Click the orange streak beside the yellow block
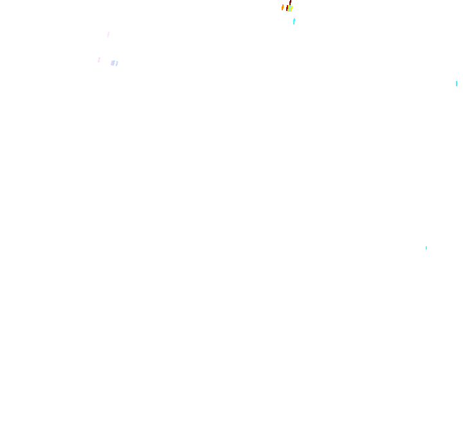(x=282, y=8)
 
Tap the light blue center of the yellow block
(x=290, y=8)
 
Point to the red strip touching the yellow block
(x=287, y=8)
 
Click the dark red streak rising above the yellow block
(x=290, y=2)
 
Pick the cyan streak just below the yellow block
(x=294, y=21)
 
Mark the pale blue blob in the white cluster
(x=113, y=63)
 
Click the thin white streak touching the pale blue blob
(x=116, y=64)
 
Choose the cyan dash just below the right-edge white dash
(x=457, y=84)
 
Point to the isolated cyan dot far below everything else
(x=426, y=248)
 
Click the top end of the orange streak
(x=283, y=5)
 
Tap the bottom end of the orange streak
(x=282, y=10)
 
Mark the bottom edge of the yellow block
(x=289, y=11)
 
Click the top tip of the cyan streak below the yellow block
(x=294, y=19)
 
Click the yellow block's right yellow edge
(x=292, y=8)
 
